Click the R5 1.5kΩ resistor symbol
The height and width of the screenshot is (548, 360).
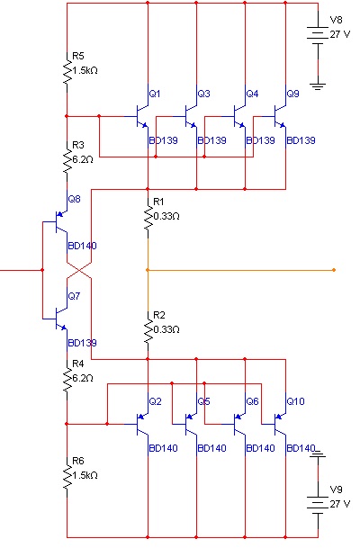click(x=67, y=72)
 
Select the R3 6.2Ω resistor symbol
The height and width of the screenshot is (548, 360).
click(x=67, y=161)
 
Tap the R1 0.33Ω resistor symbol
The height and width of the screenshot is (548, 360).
click(x=148, y=218)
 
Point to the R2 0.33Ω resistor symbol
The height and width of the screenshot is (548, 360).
click(x=148, y=331)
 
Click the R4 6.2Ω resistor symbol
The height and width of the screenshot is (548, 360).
click(x=67, y=381)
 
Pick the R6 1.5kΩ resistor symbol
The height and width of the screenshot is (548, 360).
click(x=67, y=478)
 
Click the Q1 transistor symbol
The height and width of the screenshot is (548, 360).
click(x=142, y=116)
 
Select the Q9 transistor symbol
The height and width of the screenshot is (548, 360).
click(x=280, y=116)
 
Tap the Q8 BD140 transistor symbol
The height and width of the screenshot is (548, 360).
click(x=60, y=221)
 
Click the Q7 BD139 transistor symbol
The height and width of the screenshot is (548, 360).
click(x=60, y=319)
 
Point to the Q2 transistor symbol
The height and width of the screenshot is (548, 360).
click(x=142, y=425)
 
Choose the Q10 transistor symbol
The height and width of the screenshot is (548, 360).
click(x=280, y=425)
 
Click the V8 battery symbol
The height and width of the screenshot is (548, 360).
click(x=318, y=35)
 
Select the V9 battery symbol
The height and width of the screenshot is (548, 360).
click(x=318, y=505)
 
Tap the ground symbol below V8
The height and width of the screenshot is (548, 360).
click(x=318, y=86)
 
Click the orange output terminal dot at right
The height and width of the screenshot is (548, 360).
click(x=334, y=270)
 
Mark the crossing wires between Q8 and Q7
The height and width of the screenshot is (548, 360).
click(x=79, y=270)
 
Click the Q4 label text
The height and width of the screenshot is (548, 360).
click(x=252, y=94)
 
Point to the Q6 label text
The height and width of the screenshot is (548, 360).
click(x=252, y=401)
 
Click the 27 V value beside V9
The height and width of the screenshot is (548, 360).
click(x=340, y=504)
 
